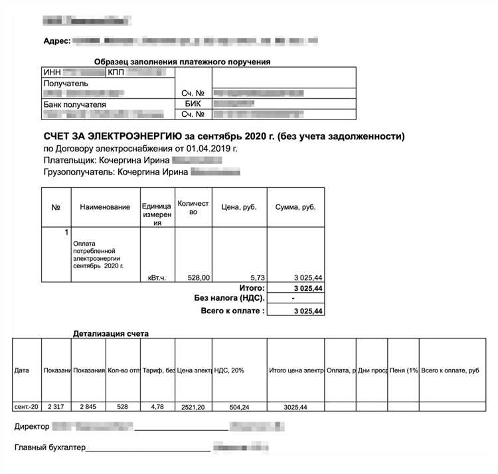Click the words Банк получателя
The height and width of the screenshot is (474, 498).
75,104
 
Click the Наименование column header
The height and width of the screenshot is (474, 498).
105,207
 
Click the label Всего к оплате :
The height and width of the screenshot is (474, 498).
232,311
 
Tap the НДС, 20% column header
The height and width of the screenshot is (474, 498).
229,370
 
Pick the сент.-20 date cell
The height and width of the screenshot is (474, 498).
26,406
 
